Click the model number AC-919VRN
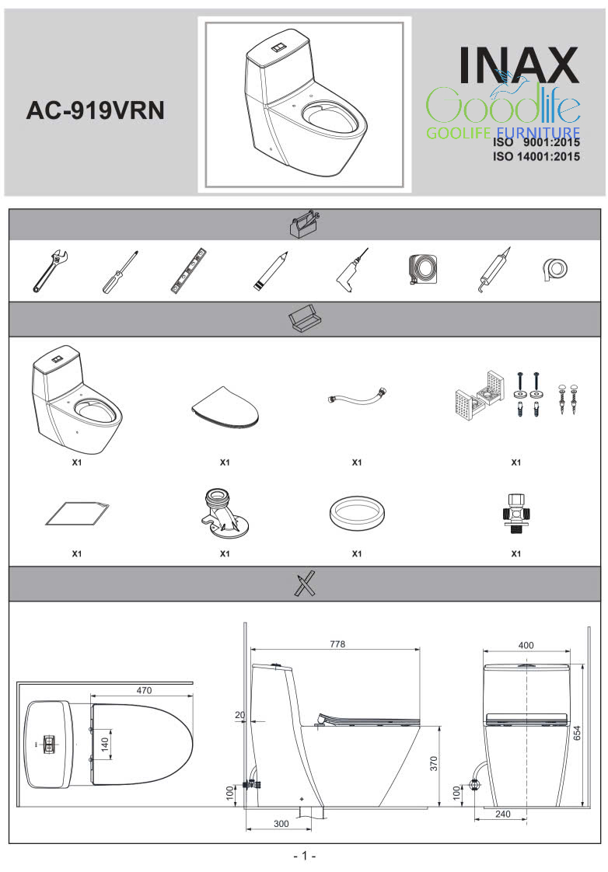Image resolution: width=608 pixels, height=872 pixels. tap(95, 110)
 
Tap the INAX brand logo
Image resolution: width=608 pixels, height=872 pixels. tap(519, 65)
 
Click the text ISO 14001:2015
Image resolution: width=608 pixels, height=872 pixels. tap(536, 156)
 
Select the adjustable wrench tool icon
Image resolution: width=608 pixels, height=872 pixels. tap(50, 271)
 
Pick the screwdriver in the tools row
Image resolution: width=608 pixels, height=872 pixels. tap(120, 271)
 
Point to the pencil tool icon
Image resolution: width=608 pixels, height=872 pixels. tap(271, 270)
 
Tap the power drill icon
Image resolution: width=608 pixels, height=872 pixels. tap(351, 270)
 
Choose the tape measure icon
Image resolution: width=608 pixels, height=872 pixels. tap(423, 270)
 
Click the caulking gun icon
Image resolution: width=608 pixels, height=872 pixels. tap(494, 270)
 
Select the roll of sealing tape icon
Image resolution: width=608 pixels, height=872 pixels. tap(554, 270)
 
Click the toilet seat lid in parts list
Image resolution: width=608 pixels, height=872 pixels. tap(225, 408)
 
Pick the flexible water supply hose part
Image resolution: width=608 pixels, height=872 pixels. tap(357, 397)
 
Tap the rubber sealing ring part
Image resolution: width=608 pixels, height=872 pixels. tap(357, 514)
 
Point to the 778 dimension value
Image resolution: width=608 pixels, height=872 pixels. tap(337, 644)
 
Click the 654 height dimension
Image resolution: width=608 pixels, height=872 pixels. tap(578, 733)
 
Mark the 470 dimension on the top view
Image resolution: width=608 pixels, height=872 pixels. tap(144, 690)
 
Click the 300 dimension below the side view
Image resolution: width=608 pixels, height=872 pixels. tap(281, 824)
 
